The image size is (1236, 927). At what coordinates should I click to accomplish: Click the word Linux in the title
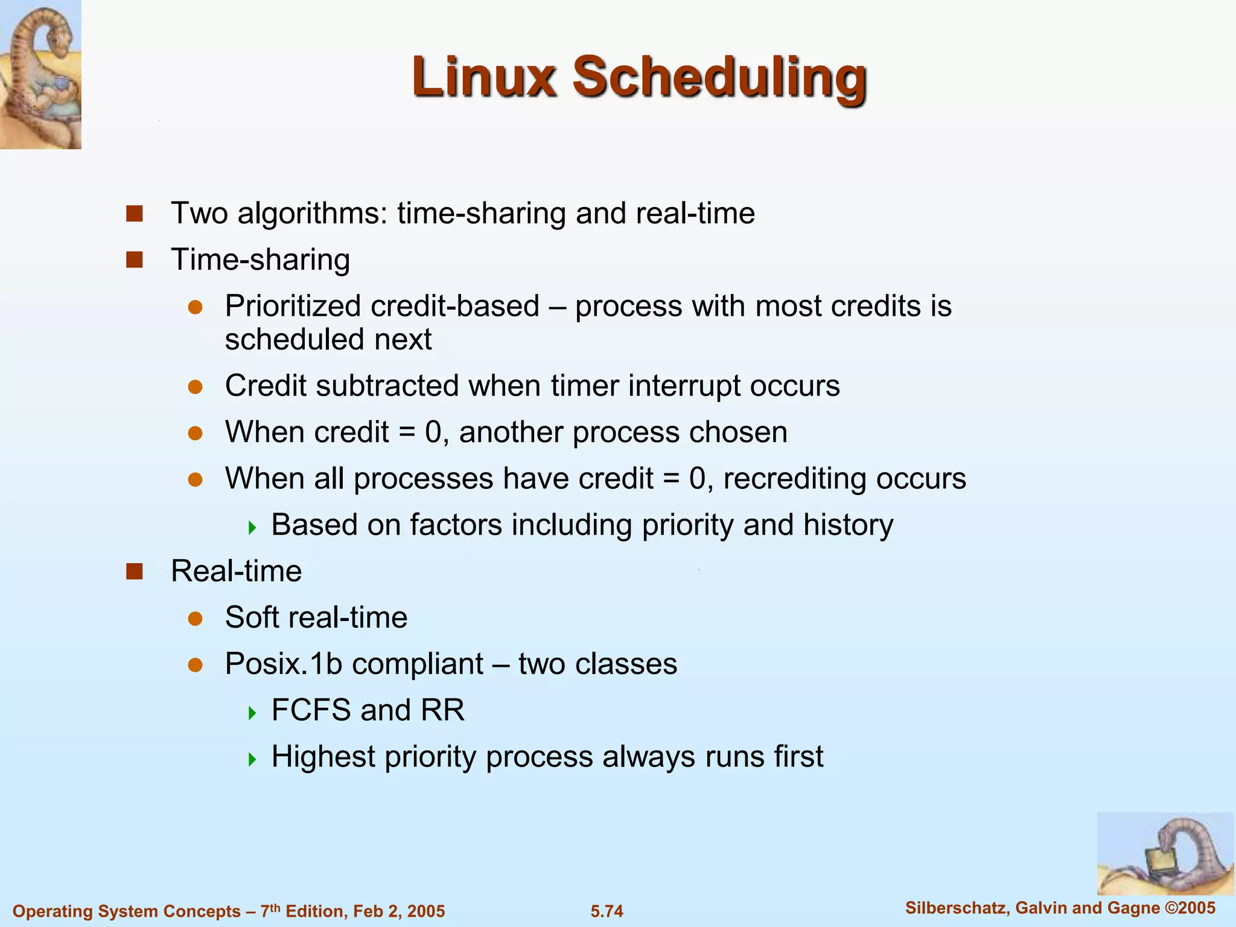coord(483,77)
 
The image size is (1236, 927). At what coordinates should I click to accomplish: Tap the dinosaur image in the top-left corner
coord(40,74)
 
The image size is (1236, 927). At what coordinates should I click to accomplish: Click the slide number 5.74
coord(607,911)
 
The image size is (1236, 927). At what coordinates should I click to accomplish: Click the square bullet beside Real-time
coord(134,571)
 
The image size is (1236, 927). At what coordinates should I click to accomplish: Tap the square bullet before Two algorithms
coord(134,214)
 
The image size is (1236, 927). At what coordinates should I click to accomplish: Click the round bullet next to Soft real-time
coord(194,618)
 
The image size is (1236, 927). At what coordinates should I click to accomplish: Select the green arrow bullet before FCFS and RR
coord(252,713)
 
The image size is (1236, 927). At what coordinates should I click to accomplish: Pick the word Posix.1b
coord(284,664)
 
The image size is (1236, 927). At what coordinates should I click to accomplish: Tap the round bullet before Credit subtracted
coord(194,386)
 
